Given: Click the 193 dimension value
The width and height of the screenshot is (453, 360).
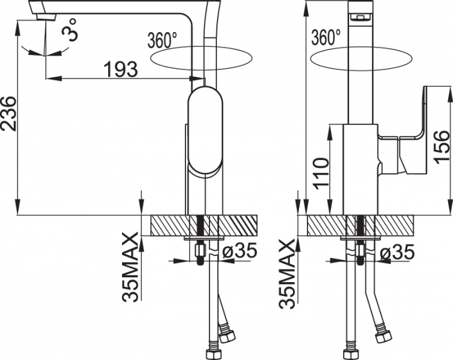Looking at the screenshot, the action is pyautogui.click(x=120, y=69).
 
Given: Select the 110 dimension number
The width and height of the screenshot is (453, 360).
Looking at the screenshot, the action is pyautogui.click(x=321, y=173).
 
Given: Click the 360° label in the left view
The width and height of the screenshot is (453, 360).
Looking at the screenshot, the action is pyautogui.click(x=162, y=40).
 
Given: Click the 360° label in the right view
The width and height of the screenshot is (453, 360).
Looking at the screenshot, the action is pyautogui.click(x=326, y=37).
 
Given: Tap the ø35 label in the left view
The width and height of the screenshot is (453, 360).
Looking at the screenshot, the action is pyautogui.click(x=240, y=250).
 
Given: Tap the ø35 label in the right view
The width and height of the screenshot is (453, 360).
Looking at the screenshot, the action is pyautogui.click(x=397, y=252).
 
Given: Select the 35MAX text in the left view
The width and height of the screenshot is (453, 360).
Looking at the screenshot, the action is pyautogui.click(x=129, y=268).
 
